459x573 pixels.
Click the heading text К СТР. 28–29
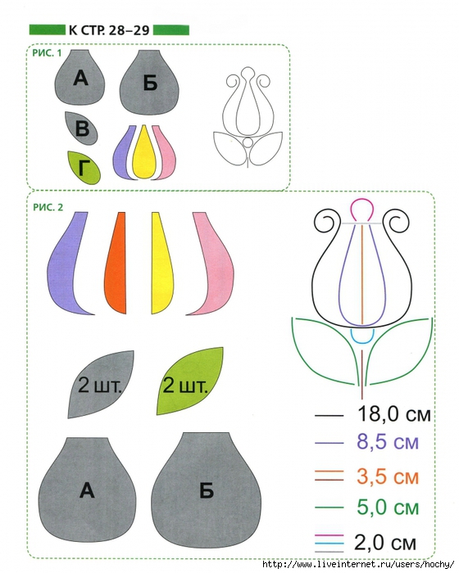109,30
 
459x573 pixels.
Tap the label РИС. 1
48,53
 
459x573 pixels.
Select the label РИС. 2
48,207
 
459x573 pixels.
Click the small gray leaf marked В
81,128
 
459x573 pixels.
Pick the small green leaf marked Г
84,167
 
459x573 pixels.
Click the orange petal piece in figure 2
116,263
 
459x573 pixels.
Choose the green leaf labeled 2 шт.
190,381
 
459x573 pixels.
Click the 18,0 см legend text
394,414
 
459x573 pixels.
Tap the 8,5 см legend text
388,442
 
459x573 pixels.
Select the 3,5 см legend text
388,476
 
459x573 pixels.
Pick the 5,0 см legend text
388,507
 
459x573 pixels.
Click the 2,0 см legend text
385,542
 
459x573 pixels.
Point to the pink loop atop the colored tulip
361,201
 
